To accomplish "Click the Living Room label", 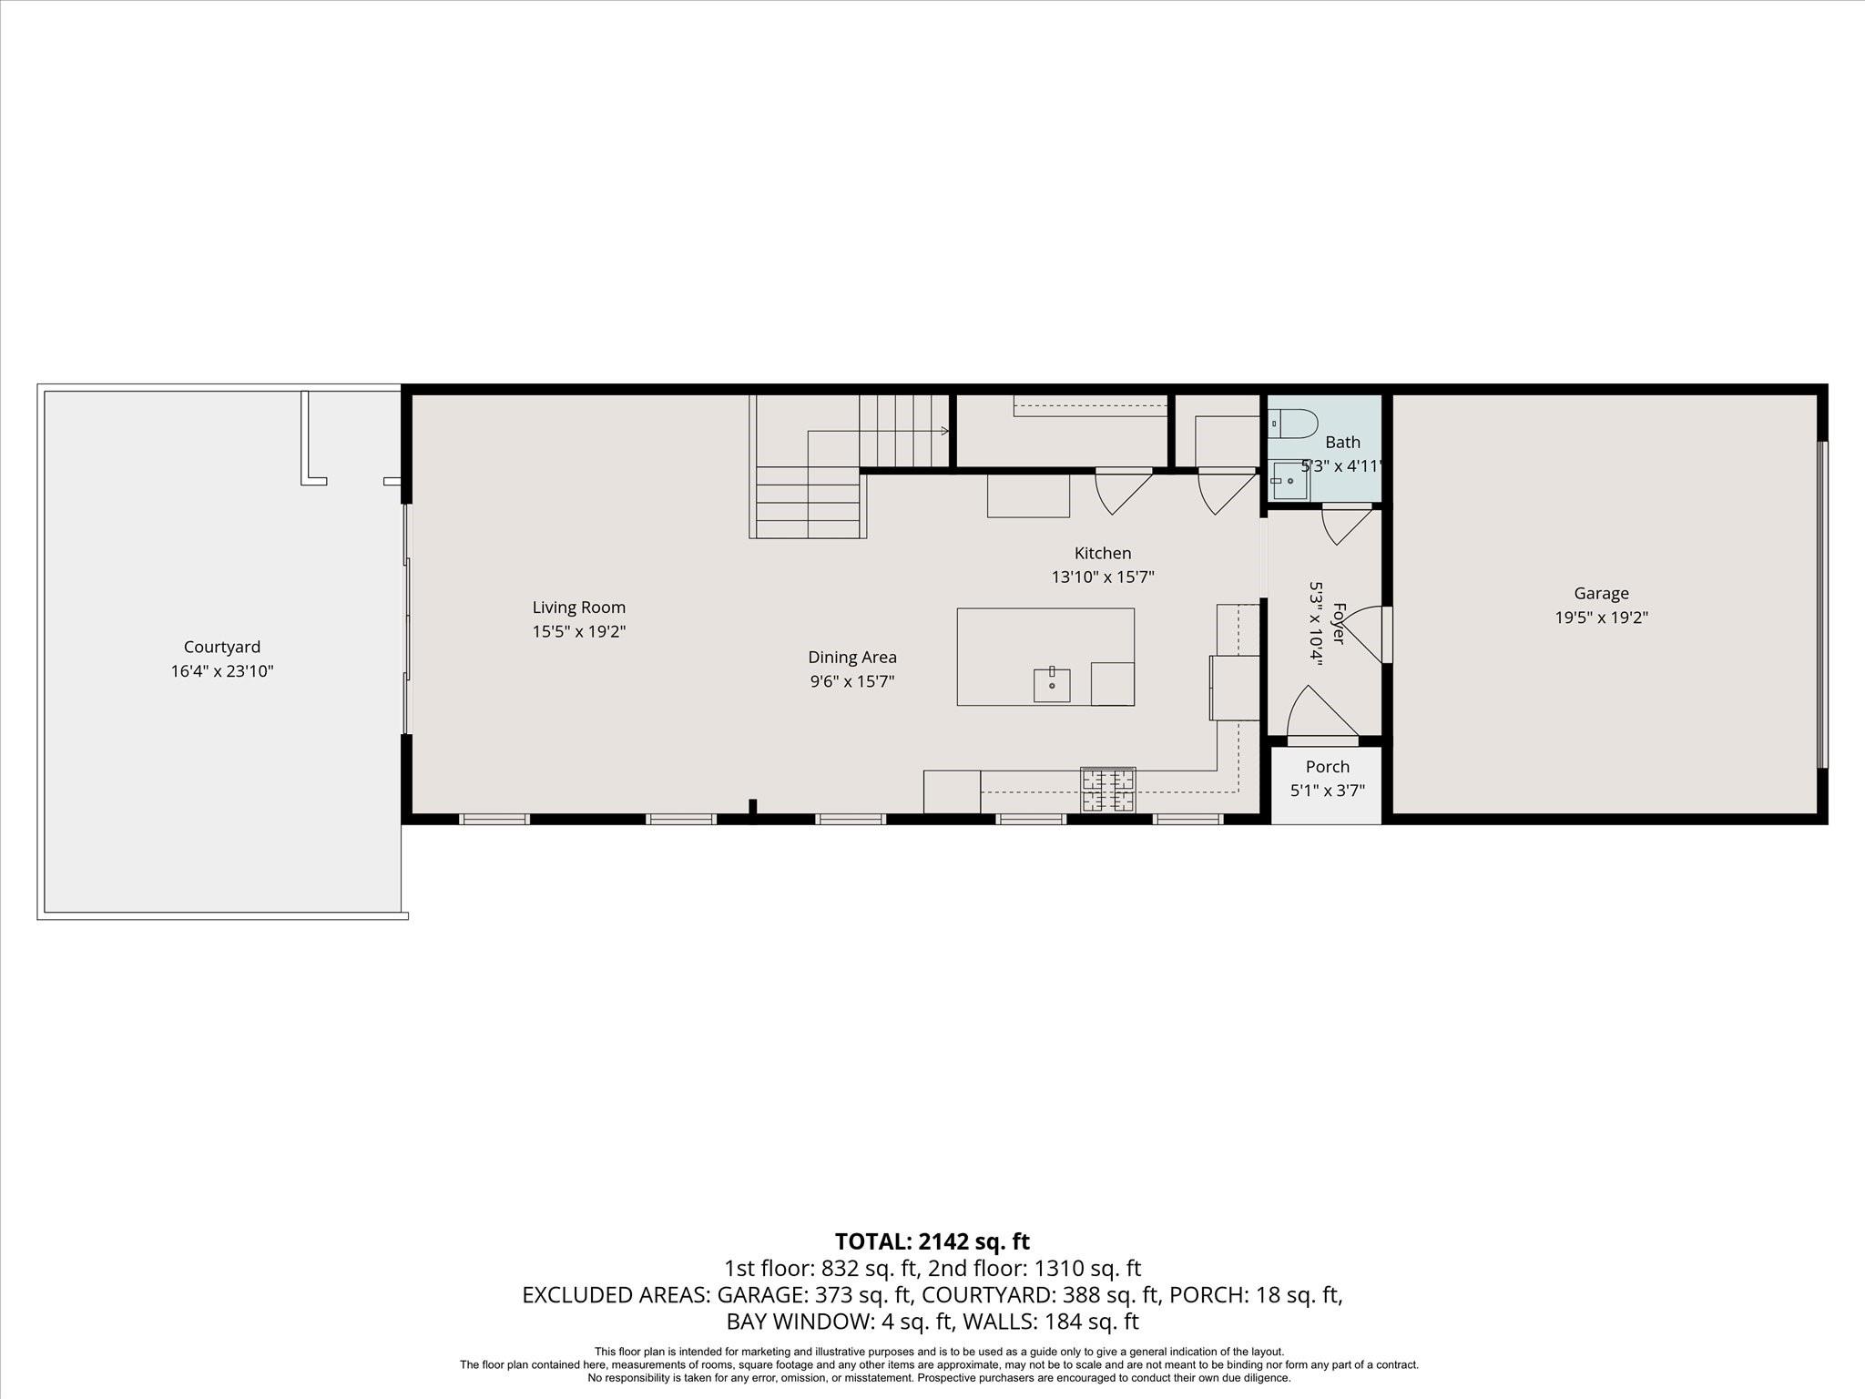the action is coord(579,608).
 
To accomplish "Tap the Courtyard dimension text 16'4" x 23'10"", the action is coord(222,671).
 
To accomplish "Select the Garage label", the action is coord(1601,594).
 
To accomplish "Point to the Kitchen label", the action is coord(1103,553).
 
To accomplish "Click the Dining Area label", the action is coord(852,657).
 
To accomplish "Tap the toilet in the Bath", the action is coord(1293,424).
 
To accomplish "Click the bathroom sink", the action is coord(1289,480).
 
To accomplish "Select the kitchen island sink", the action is coord(1052,685).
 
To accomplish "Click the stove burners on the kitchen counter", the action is coord(1108,790).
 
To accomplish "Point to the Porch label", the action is coord(1328,767).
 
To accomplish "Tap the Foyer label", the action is coord(1339,623).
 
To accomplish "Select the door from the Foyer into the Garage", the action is coord(1363,635).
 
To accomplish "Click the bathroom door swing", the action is coord(1347,526).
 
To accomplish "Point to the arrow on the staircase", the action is coord(944,431).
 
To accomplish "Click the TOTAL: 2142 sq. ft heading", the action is coord(932,1241).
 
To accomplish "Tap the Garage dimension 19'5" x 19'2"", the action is coord(1601,618).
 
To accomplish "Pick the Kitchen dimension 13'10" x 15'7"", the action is coord(1103,577).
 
